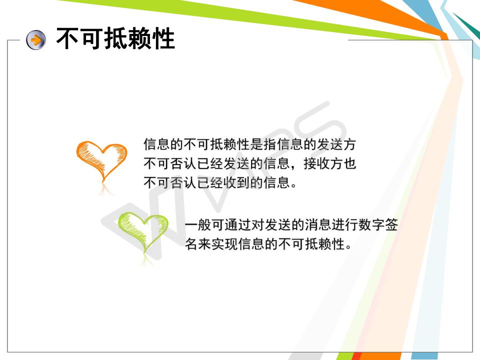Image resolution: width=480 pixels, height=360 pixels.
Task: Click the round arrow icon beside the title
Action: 36,40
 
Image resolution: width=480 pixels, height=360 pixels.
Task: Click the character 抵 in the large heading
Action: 115,38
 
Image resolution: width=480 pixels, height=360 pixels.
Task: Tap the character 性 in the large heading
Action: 163,38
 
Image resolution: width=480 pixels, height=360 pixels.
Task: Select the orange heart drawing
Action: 101,160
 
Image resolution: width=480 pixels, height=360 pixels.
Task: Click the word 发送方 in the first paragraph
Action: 336,144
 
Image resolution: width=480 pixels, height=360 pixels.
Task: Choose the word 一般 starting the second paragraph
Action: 198,225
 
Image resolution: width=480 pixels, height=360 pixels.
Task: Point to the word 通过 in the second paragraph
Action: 238,225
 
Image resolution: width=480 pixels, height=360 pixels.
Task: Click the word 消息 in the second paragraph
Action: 318,225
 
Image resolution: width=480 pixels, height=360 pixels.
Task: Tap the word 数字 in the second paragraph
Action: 371,225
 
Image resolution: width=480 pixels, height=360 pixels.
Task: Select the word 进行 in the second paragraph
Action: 344,225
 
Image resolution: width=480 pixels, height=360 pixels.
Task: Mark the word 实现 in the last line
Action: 224,244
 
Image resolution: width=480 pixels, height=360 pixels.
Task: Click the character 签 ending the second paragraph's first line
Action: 391,225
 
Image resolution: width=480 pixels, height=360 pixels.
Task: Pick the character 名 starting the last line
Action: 191,244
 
